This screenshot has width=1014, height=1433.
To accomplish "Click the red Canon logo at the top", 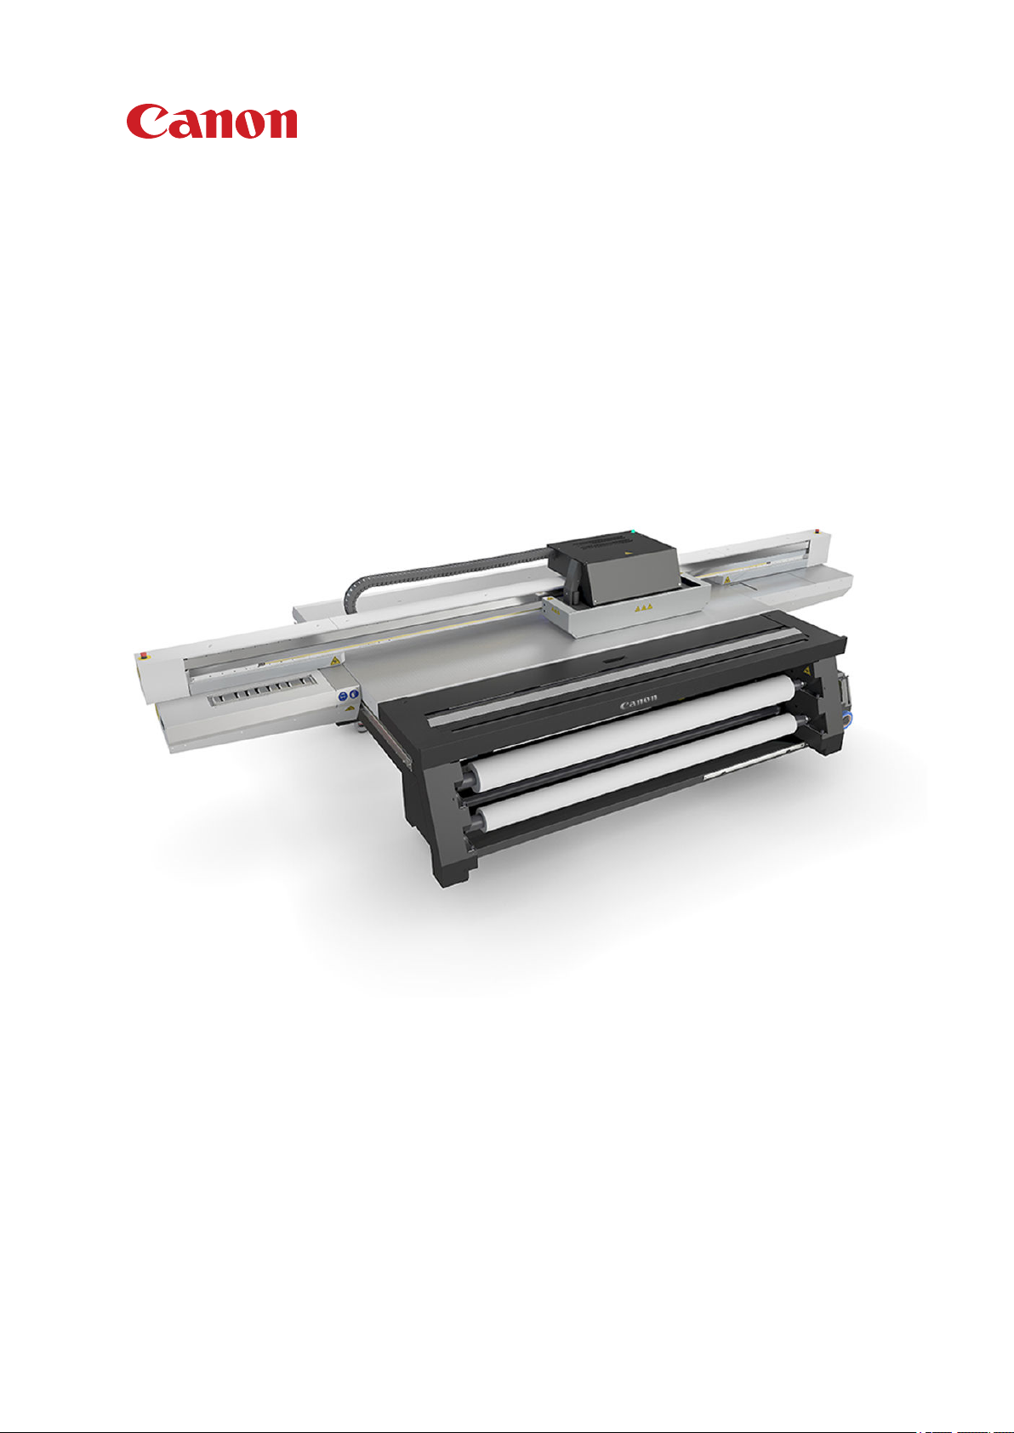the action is pyautogui.click(x=212, y=122).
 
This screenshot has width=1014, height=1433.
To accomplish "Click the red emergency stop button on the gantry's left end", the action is pyautogui.click(x=143, y=655).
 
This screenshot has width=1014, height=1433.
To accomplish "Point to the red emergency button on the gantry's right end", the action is pyautogui.click(x=817, y=531).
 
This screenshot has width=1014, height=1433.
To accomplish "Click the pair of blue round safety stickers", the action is pyautogui.click(x=349, y=695).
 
